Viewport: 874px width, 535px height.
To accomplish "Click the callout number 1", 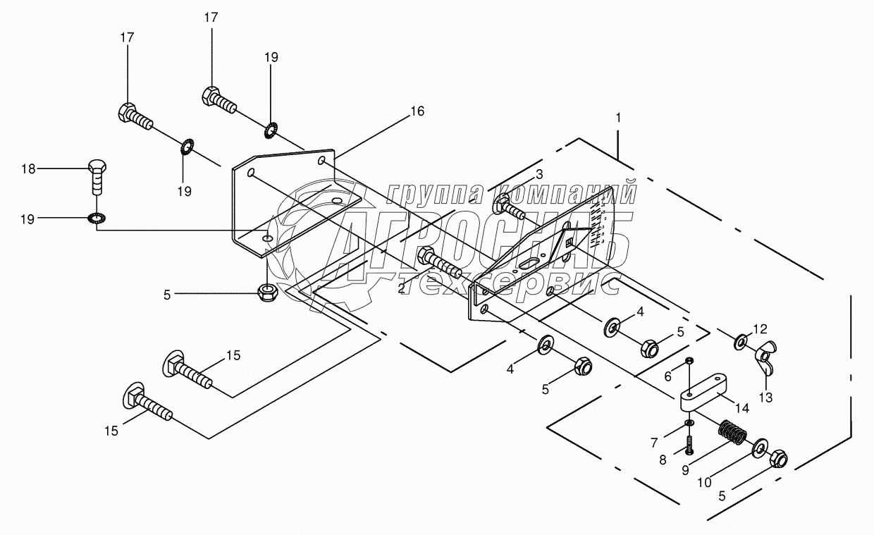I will pyautogui.click(x=618, y=118).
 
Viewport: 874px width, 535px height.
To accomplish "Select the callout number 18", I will pyautogui.click(x=27, y=168).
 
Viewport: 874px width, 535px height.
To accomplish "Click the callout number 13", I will pyautogui.click(x=765, y=398).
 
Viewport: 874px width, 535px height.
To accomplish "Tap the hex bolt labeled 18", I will pyautogui.click(x=98, y=177).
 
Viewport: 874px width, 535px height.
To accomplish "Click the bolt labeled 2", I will pyautogui.click(x=438, y=262).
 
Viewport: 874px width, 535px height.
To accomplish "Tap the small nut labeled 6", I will pyautogui.click(x=690, y=362).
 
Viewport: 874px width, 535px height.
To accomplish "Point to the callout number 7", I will pyautogui.click(x=653, y=442).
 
